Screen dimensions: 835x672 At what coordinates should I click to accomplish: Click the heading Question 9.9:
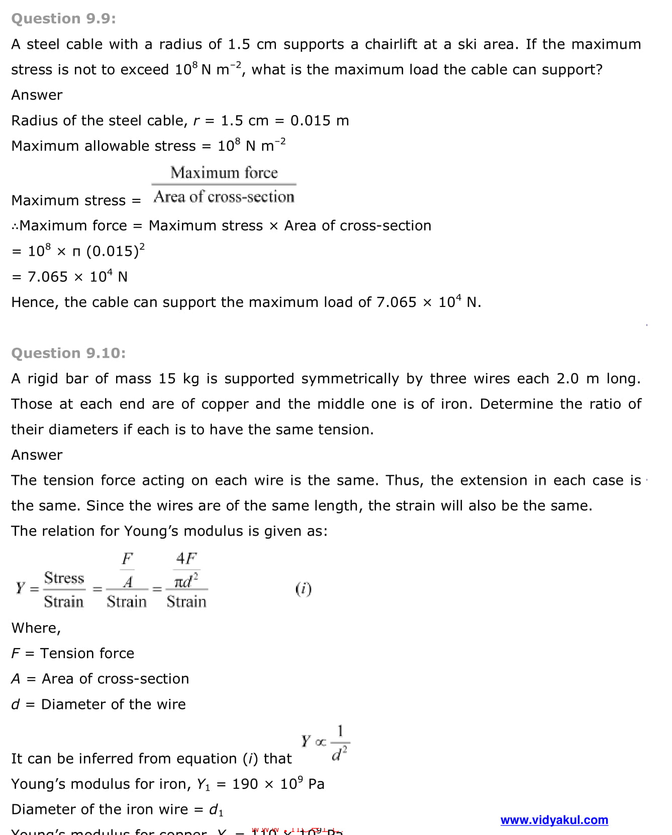tap(63, 19)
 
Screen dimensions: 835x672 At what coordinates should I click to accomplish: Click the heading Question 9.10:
tap(68, 353)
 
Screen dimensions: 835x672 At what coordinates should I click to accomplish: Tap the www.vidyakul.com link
tap(554, 820)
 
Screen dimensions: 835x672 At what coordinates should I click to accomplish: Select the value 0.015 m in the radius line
tap(319, 121)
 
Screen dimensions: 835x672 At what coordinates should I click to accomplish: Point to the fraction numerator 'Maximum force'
tap(224, 173)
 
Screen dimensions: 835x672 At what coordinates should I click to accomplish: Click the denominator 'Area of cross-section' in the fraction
tap(224, 197)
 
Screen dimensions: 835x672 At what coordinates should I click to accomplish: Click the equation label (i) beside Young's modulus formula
tap(303, 588)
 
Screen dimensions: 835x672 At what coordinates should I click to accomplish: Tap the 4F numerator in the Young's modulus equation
tap(186, 558)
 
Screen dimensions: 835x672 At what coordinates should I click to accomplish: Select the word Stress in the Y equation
tap(64, 578)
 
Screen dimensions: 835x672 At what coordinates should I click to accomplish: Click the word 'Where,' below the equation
tap(36, 628)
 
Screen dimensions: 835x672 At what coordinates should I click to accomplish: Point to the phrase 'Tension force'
tap(87, 653)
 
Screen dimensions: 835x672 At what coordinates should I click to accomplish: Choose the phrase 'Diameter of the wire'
tap(113, 704)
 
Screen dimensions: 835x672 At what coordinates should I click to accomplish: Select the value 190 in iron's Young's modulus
tap(245, 784)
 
